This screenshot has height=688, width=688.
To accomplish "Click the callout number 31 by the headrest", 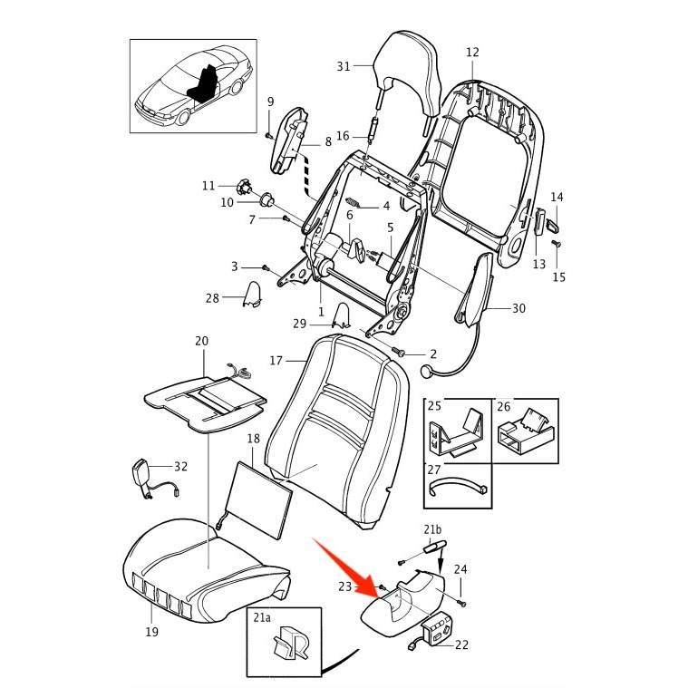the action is [343, 66].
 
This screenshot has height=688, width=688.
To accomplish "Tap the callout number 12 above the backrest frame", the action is [472, 53].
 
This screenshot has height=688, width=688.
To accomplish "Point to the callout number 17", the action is [276, 360].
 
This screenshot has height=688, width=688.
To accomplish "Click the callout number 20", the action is [201, 341].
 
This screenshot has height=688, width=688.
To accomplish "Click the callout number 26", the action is [504, 405].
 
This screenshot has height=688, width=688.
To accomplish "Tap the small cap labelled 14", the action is [552, 218].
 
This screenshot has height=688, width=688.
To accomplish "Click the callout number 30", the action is [518, 308].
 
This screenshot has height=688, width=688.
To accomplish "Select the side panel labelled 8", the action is [288, 141].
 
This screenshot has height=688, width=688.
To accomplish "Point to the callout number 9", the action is [269, 102].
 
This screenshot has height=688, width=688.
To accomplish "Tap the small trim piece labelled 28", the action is [251, 295].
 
